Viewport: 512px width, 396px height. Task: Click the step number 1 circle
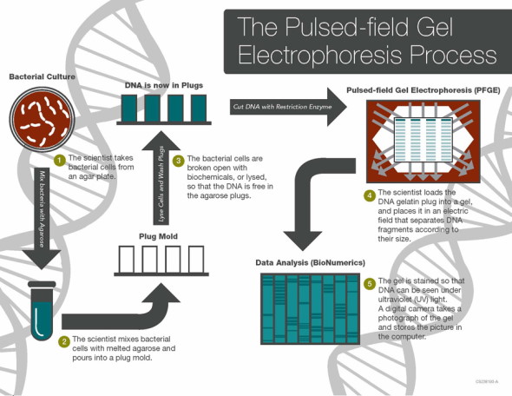tap(60, 160)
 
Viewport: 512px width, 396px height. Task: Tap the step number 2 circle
tap(63, 341)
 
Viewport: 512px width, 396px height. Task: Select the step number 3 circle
tap(178, 161)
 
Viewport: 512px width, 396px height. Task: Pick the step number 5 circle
tap(370, 284)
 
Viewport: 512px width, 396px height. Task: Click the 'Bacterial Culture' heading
tap(43, 77)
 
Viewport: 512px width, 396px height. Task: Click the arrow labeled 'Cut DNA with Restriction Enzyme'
tap(286, 107)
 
